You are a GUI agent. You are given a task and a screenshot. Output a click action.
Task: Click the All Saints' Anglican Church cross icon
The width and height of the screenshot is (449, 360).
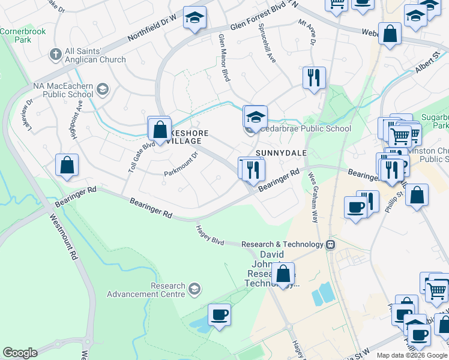point(55,55)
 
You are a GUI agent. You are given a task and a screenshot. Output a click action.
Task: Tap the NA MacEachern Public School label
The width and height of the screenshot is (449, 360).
point(63,90)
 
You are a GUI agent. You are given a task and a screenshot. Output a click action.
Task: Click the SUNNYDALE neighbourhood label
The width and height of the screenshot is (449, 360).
point(282,153)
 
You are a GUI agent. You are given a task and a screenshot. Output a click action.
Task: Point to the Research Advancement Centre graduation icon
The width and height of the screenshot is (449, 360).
point(194,290)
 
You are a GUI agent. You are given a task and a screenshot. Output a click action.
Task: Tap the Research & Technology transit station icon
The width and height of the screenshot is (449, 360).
point(330,244)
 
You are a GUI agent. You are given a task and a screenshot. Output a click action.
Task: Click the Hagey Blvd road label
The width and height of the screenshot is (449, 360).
point(210,235)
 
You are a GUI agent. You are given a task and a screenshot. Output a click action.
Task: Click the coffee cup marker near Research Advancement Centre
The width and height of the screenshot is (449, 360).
point(219,315)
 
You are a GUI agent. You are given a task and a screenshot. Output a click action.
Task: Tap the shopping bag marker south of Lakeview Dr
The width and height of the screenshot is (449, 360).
point(67,165)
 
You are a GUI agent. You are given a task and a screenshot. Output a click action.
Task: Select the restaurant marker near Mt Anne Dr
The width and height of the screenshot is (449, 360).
point(314,78)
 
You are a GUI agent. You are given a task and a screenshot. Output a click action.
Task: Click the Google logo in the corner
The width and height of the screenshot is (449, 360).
point(20,353)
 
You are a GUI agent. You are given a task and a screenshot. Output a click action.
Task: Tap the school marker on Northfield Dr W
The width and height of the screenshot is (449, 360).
point(194,18)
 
